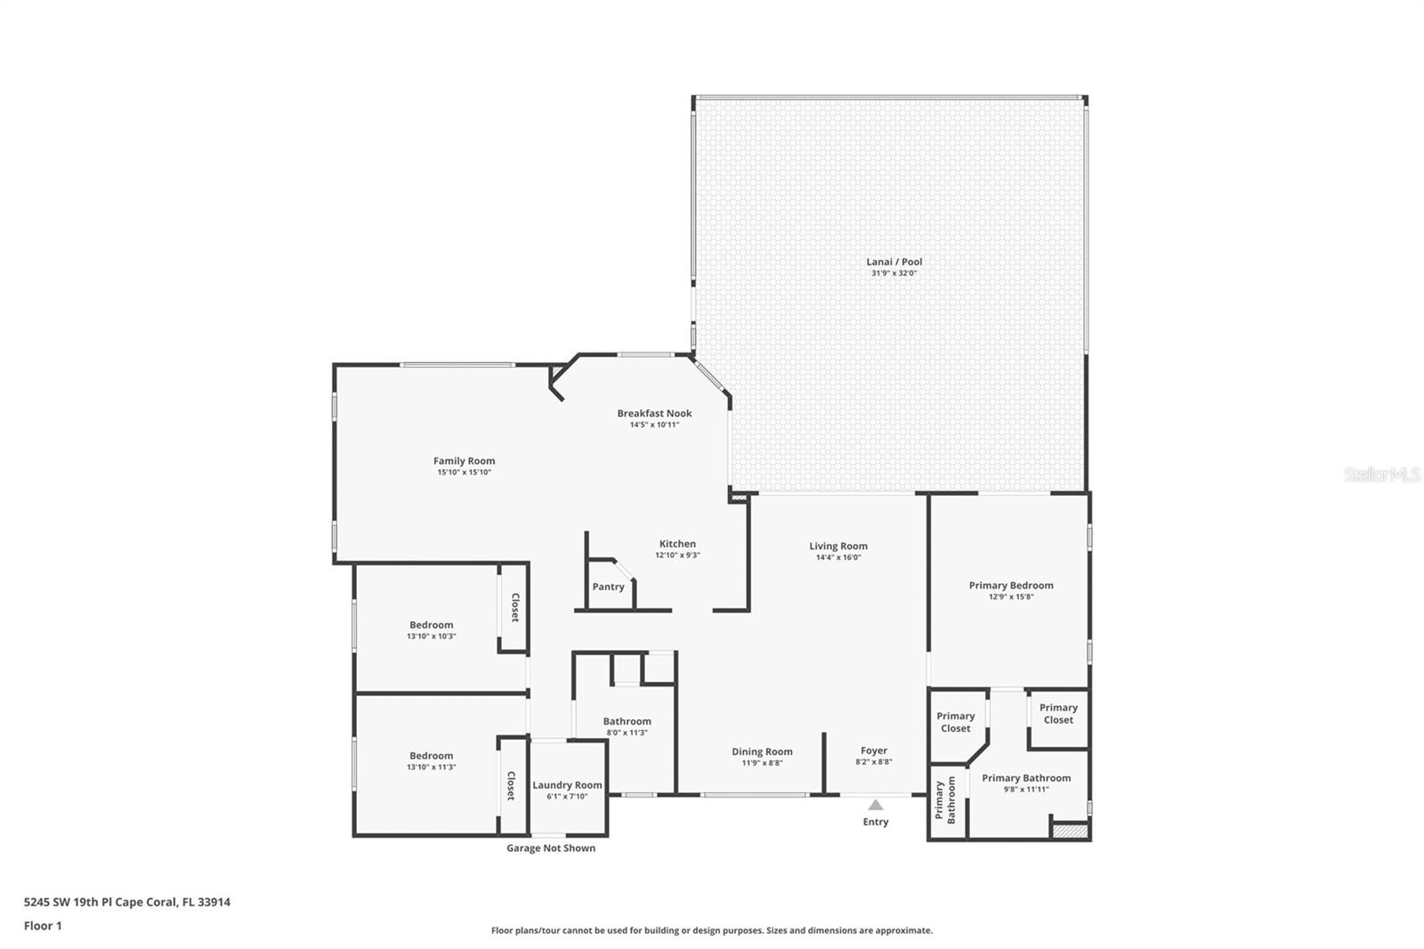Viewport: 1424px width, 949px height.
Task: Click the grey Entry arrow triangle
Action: click(x=876, y=805)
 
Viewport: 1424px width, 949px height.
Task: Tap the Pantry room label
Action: click(x=609, y=587)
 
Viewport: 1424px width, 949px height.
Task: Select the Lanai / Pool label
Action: click(x=894, y=262)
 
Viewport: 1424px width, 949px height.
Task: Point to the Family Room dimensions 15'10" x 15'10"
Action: click(x=464, y=472)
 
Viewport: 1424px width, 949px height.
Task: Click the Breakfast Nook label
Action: click(x=654, y=413)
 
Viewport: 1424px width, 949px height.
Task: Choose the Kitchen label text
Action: click(x=677, y=544)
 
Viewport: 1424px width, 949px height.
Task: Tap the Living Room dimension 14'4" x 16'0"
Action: click(x=837, y=557)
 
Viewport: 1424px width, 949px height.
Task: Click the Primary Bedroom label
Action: click(x=1011, y=585)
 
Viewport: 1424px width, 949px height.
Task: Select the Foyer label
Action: click(x=874, y=750)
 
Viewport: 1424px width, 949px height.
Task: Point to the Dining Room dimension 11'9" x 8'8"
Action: click(x=762, y=763)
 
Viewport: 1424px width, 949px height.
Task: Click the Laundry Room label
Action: click(x=567, y=785)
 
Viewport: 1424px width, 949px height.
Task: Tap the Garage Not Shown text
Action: click(x=551, y=848)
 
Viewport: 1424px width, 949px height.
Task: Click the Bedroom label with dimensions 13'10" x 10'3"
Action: click(x=431, y=625)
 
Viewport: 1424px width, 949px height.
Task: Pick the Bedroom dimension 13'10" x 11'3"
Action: click(x=431, y=767)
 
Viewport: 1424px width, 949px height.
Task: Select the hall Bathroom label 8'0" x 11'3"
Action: click(x=627, y=721)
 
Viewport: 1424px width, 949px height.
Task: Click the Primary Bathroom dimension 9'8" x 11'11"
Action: click(x=1026, y=790)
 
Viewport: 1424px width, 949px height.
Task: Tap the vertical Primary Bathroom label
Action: click(x=944, y=800)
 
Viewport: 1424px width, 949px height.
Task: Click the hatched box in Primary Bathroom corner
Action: click(x=1071, y=831)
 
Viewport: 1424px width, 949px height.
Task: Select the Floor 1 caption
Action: click(x=43, y=926)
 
